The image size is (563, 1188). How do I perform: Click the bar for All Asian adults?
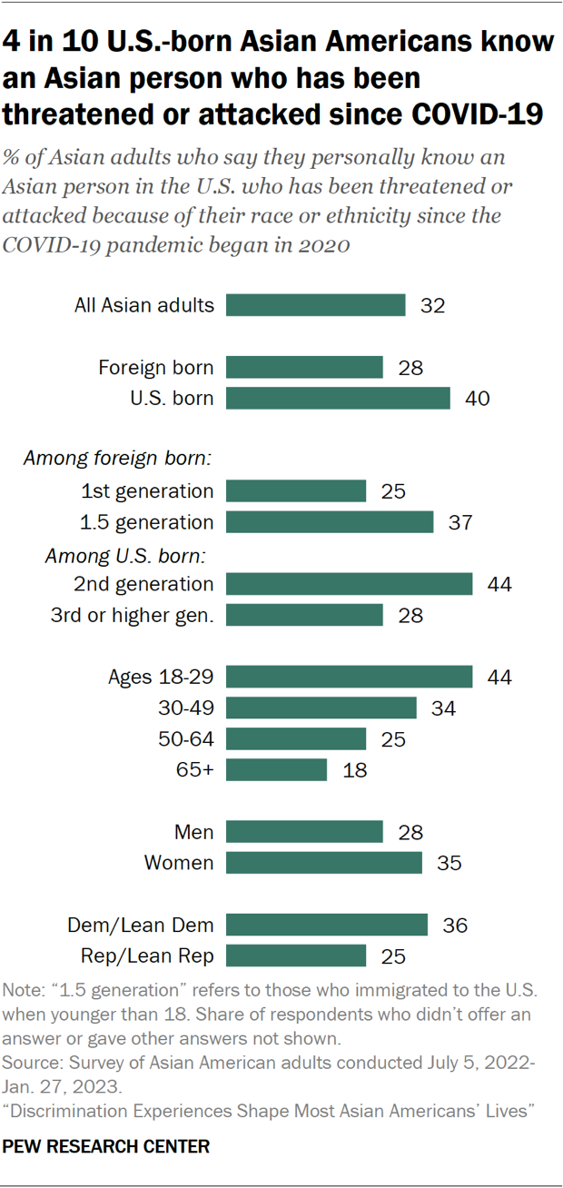pyautogui.click(x=315, y=305)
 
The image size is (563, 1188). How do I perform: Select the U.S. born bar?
pyautogui.click(x=338, y=399)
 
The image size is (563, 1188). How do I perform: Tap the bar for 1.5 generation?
pyautogui.click(x=330, y=522)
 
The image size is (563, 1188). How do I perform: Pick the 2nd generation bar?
pyautogui.click(x=349, y=584)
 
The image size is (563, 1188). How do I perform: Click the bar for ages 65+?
pyautogui.click(x=276, y=770)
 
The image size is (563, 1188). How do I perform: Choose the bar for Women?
pyautogui.click(x=324, y=863)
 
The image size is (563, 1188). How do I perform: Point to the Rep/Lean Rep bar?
pyautogui.click(x=296, y=955)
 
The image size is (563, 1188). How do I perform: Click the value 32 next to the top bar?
pyautogui.click(x=432, y=305)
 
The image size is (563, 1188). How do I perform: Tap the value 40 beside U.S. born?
pyautogui.click(x=478, y=399)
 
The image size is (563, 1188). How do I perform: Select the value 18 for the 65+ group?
pyautogui.click(x=353, y=770)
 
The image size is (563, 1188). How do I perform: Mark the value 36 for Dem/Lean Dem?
pyautogui.click(x=455, y=925)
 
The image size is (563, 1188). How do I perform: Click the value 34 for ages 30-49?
pyautogui.click(x=443, y=708)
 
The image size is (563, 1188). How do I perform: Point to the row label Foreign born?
pyautogui.click(x=156, y=368)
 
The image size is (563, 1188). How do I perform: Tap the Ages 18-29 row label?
pyautogui.click(x=161, y=677)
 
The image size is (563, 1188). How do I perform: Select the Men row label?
pyautogui.click(x=193, y=832)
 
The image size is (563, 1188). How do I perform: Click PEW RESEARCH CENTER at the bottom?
pyautogui.click(x=106, y=1147)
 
